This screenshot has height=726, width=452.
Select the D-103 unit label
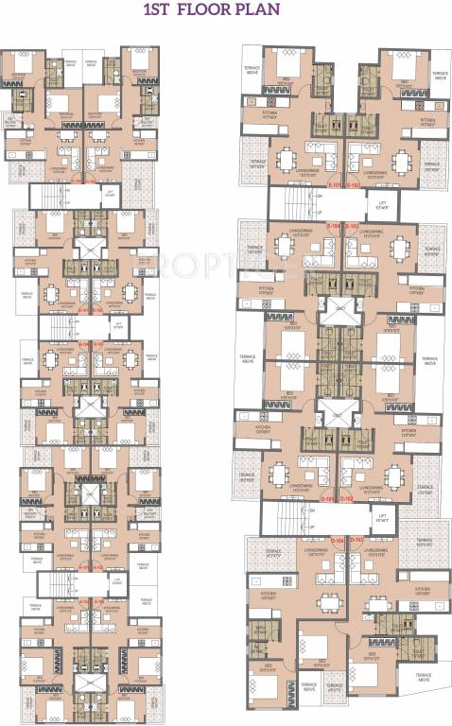coord(357,540)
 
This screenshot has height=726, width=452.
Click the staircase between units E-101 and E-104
coord(295,205)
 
